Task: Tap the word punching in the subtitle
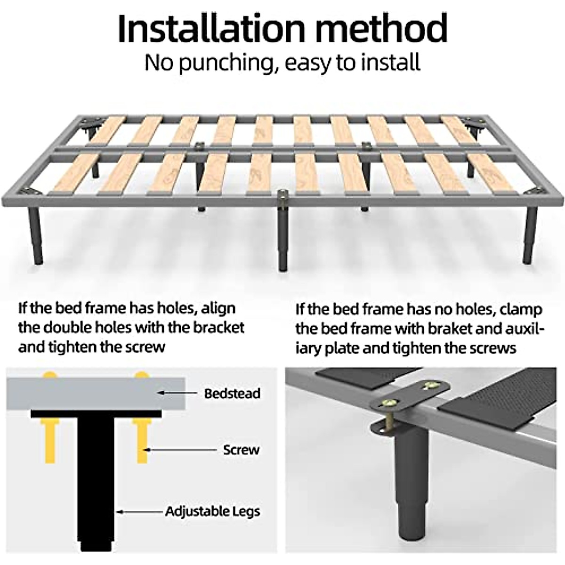(226, 63)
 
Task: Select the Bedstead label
(232, 393)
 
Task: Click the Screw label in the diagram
(241, 450)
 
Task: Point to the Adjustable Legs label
(212, 511)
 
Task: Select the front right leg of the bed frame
(530, 235)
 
